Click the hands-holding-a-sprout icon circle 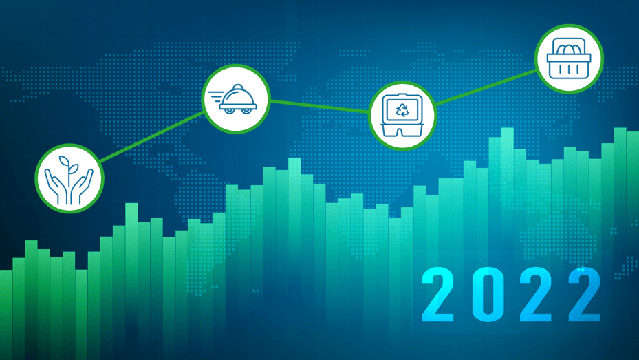coord(69,178)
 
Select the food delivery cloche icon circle coord(236,99)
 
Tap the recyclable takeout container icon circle coord(402,116)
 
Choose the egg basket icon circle coord(569,59)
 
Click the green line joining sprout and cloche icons coord(151,136)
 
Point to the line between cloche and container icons coord(320,106)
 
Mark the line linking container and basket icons coord(486,87)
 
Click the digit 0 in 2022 coord(488,295)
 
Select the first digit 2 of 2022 coord(437,295)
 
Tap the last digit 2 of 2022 coord(585,295)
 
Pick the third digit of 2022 coord(537,295)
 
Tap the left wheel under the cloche coord(230,111)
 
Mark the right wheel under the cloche coord(246,111)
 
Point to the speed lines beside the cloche coord(216,97)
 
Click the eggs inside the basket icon coord(569,50)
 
